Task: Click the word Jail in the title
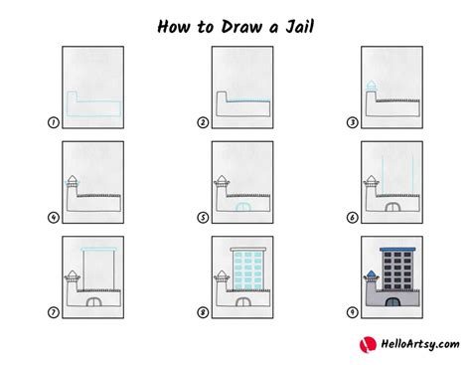pos(299,27)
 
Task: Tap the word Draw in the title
pos(241,27)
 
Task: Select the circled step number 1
pos(54,122)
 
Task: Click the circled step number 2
pos(203,122)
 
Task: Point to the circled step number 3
pos(353,122)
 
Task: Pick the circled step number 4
pos(54,218)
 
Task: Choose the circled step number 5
pos(203,218)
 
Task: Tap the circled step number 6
pos(353,218)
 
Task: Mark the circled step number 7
pos(54,312)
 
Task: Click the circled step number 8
pos(203,312)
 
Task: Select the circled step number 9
pos(353,312)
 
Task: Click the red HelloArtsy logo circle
pos(368,344)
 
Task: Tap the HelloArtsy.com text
pos(420,344)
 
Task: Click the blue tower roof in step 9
pos(372,274)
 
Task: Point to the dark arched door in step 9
pos(392,301)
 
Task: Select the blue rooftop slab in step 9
pos(397,249)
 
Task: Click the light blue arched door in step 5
pos(243,207)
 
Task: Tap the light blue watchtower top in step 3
pos(371,86)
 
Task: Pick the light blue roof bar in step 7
pos(98,249)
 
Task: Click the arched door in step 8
pos(243,301)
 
